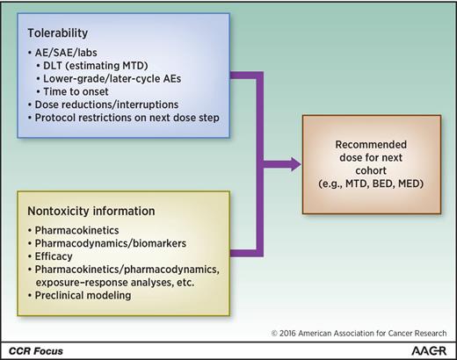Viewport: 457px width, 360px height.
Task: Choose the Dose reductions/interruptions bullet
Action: (x=100, y=105)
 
